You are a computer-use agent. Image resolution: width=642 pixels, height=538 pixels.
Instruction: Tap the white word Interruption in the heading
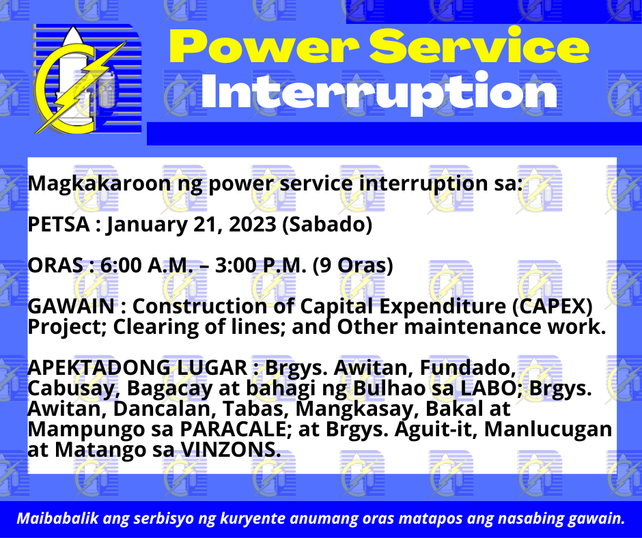tap(379, 91)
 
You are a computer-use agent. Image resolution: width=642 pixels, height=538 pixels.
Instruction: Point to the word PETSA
tap(59, 225)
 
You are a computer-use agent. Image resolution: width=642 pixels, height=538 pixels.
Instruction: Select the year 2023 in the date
tap(252, 225)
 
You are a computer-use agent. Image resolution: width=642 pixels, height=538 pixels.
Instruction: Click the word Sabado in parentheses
tap(327, 225)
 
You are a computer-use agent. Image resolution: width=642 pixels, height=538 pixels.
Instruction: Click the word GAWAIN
tap(71, 307)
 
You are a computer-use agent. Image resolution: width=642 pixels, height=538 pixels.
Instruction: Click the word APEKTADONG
tap(98, 368)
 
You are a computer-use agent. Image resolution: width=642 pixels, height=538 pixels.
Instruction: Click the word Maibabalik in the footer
tap(58, 518)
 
